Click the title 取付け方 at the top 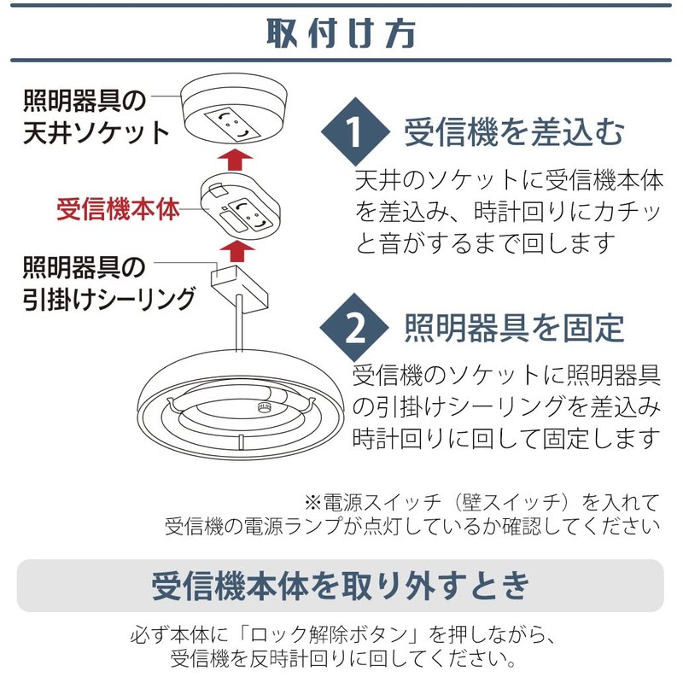tap(341, 32)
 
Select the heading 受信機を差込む tap(515, 133)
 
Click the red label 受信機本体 tap(119, 209)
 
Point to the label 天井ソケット tap(96, 133)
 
